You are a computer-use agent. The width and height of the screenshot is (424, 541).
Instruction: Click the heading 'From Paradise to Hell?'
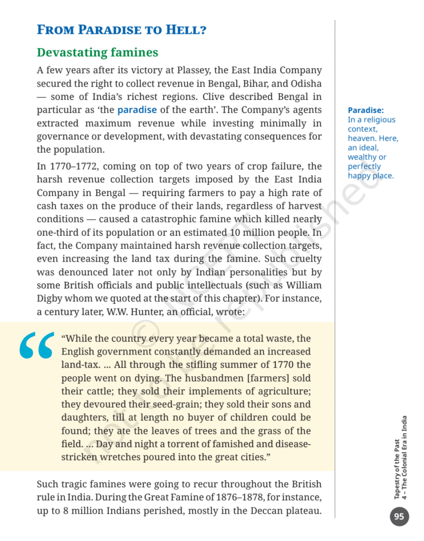[x=121, y=30]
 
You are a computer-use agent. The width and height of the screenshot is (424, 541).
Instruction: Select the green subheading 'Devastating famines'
[x=97, y=53]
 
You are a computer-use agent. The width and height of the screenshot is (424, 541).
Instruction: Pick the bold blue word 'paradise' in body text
[x=137, y=110]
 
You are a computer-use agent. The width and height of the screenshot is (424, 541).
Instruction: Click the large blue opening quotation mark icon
[x=36, y=346]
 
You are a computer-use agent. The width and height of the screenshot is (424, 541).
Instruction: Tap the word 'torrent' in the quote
[x=188, y=444]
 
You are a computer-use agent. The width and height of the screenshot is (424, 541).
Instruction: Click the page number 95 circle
[x=399, y=517]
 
